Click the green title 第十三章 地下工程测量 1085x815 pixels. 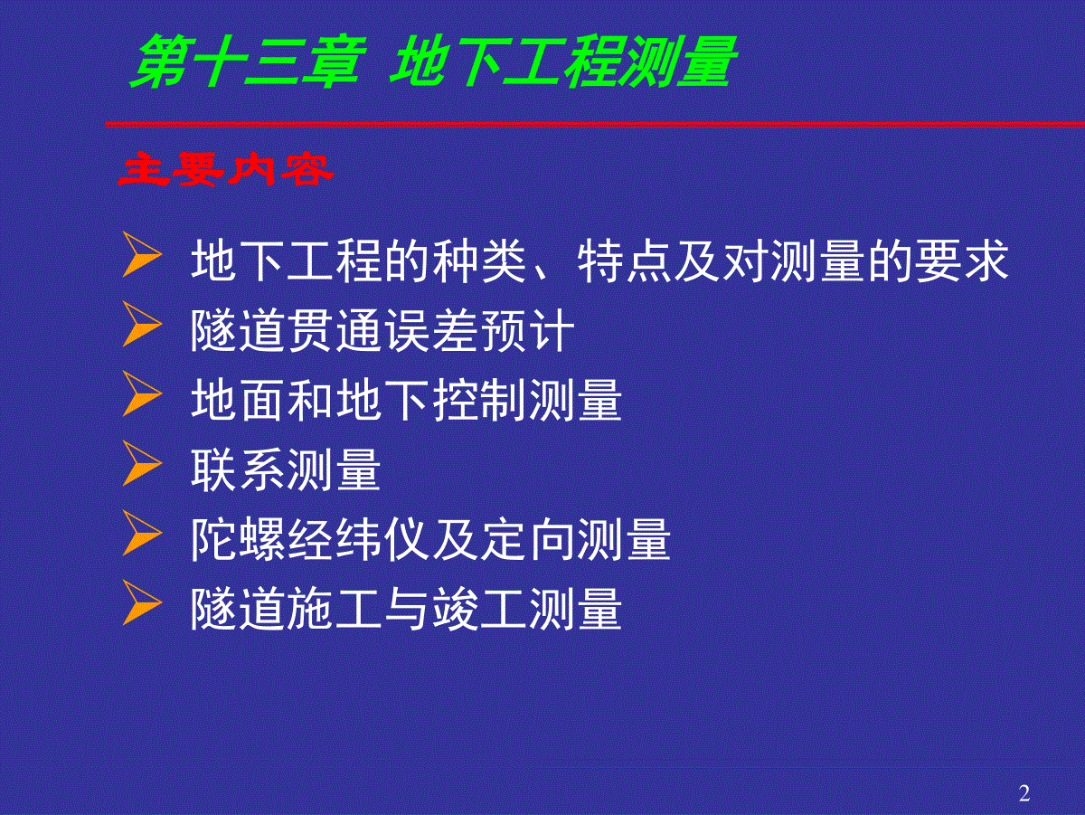(433, 62)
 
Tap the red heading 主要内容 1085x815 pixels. (226, 169)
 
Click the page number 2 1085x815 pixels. (1024, 792)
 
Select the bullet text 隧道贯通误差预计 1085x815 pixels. (382, 330)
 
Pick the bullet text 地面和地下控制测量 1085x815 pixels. (406, 400)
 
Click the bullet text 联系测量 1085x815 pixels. (286, 469)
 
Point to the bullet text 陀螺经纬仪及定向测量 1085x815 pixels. (430, 539)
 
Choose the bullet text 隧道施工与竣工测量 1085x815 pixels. (406, 610)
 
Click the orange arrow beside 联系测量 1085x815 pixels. (142, 463)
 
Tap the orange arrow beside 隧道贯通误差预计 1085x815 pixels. (142, 324)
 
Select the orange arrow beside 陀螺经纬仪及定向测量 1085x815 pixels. (142, 533)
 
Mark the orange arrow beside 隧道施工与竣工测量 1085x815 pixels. (142, 602)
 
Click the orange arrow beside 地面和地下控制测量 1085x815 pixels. (142, 393)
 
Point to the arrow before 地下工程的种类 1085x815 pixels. (142, 254)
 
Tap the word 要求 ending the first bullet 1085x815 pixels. (962, 261)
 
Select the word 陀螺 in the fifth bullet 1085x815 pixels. (239, 539)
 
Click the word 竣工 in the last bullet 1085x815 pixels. (479, 610)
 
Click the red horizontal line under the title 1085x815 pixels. (595, 124)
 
